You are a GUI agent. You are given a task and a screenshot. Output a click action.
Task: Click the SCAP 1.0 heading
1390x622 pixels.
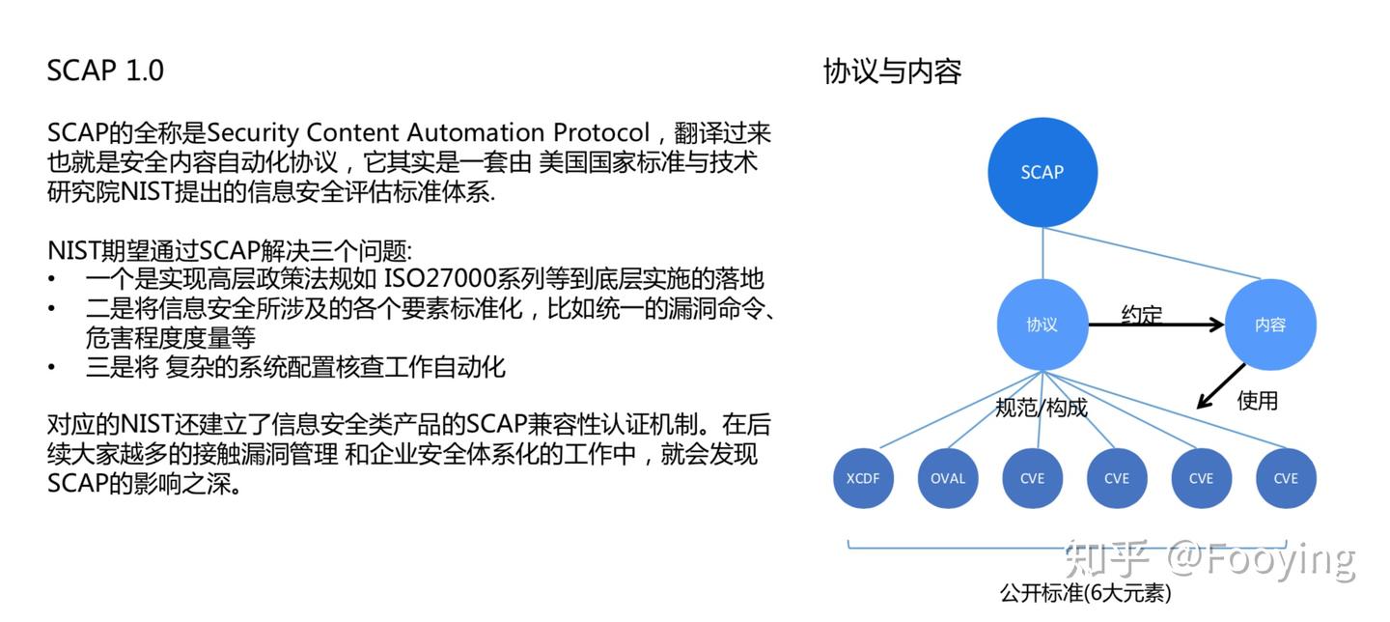pyautogui.click(x=105, y=71)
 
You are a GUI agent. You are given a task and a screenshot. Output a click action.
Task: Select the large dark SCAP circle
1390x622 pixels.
pyautogui.click(x=1042, y=172)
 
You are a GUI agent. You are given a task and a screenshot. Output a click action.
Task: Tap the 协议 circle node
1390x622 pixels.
pyautogui.click(x=1042, y=325)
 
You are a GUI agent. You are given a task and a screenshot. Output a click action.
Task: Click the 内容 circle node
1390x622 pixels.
pyautogui.click(x=1270, y=325)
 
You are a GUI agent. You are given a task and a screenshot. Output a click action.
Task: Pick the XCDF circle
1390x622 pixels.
pyautogui.click(x=863, y=478)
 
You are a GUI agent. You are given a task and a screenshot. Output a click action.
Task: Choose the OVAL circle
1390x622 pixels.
pyautogui.click(x=948, y=478)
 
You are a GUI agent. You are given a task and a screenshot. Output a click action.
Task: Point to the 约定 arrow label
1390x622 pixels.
pyautogui.click(x=1142, y=314)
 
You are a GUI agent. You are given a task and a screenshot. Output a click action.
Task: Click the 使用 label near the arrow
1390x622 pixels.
pyautogui.click(x=1257, y=400)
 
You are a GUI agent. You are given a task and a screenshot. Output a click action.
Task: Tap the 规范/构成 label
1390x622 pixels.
pyautogui.click(x=1042, y=408)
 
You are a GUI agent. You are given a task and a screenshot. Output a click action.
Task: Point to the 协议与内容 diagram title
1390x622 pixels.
pyautogui.click(x=892, y=71)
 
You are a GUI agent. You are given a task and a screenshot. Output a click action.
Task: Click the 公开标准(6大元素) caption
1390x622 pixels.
pyautogui.click(x=1086, y=592)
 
